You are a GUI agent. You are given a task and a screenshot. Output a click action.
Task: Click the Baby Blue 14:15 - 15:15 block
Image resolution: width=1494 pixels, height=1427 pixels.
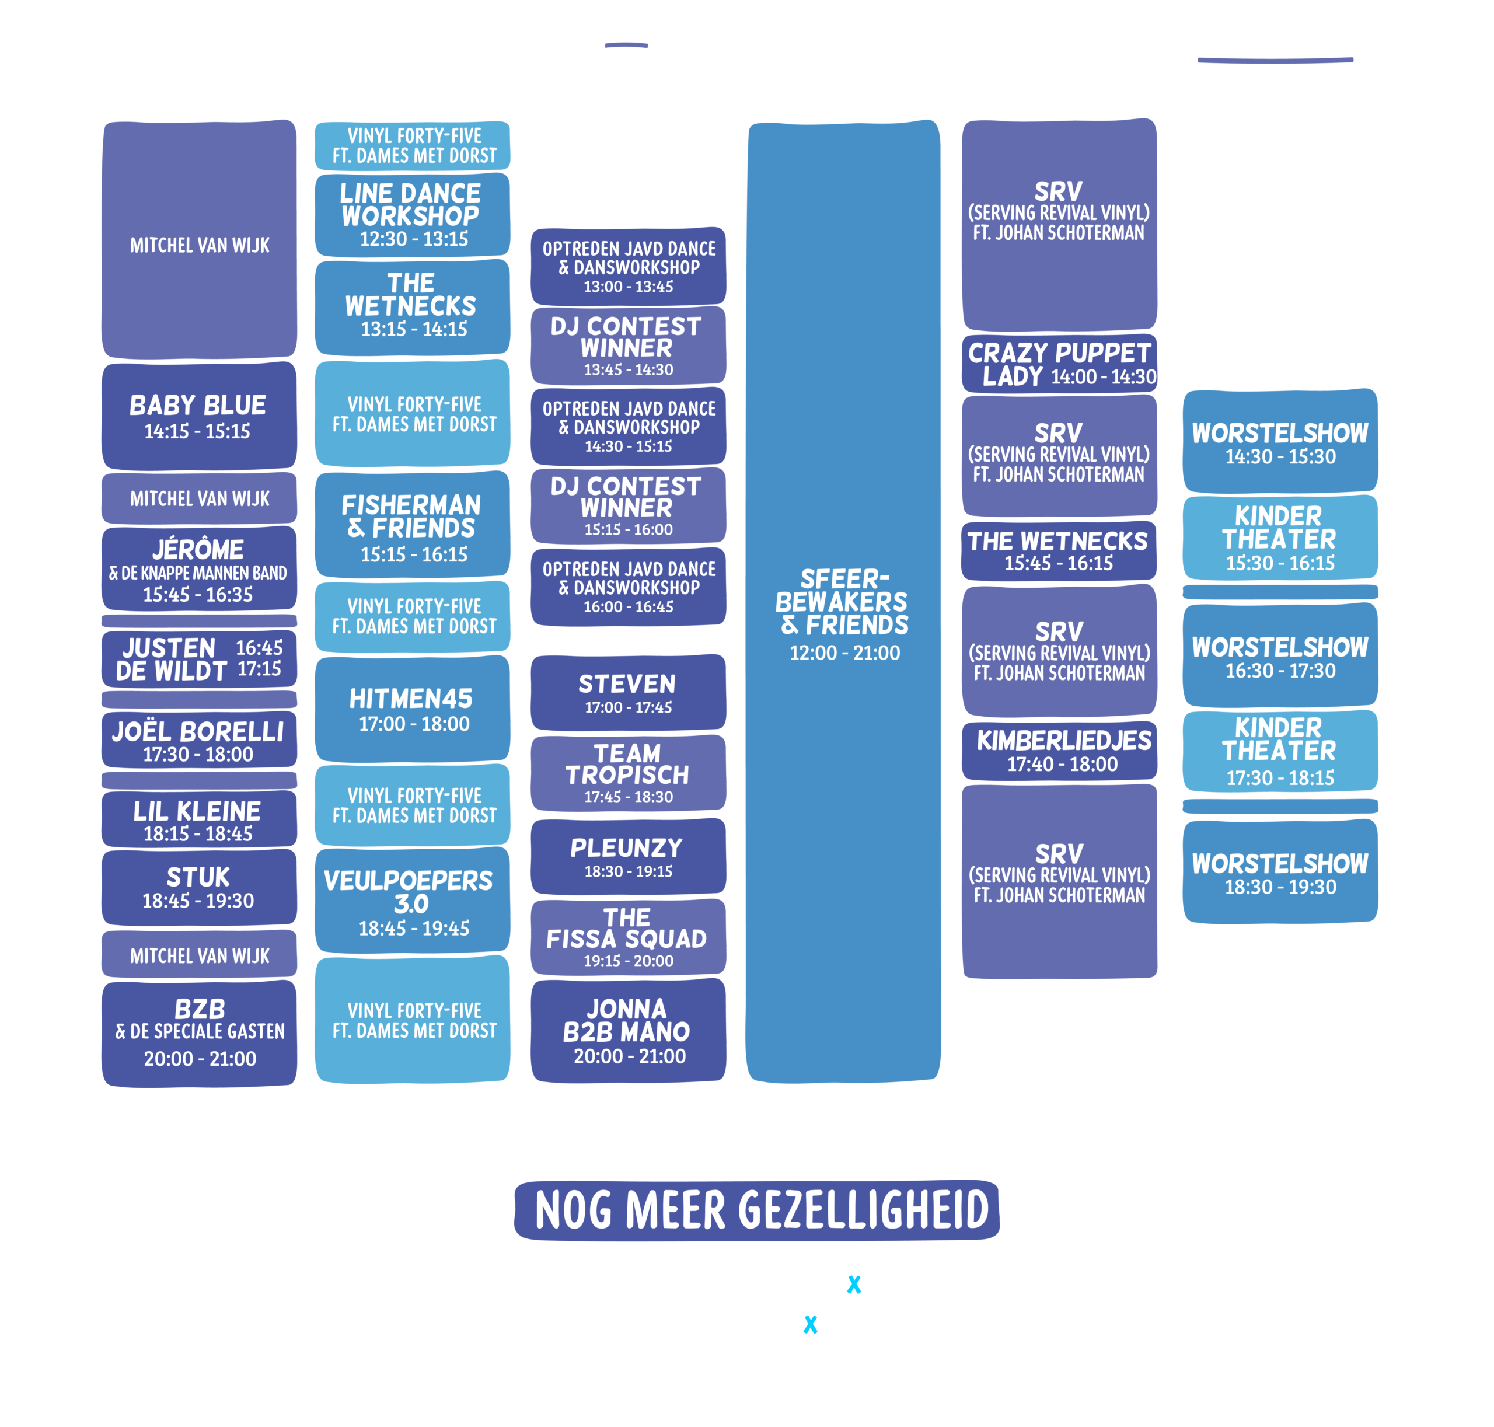coord(200,416)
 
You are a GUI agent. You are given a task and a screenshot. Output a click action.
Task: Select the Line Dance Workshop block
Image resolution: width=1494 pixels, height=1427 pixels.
coord(412,215)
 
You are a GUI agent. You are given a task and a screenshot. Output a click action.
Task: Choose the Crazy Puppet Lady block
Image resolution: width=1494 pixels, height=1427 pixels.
coord(1060,364)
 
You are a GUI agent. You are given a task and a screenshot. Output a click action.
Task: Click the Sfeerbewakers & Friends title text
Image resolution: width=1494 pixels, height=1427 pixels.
coord(842,602)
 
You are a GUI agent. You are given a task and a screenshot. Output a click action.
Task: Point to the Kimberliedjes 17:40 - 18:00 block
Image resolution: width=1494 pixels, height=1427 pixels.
coord(1060,751)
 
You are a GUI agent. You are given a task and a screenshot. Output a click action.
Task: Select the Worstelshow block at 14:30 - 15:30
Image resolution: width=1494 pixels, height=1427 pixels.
coord(1280,441)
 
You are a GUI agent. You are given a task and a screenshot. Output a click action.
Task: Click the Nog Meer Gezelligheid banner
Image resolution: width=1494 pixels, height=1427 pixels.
coord(757,1210)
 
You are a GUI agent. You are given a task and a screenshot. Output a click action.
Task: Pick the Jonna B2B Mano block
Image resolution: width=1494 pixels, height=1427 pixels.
coord(629,1031)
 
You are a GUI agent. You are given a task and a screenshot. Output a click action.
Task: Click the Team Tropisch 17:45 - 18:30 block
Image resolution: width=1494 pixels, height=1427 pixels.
coord(629,773)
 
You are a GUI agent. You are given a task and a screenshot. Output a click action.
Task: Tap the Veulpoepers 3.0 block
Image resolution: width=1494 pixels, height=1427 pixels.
coord(412,900)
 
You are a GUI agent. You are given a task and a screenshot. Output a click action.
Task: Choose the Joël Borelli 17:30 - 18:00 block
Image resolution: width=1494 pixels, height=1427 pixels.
coord(200,739)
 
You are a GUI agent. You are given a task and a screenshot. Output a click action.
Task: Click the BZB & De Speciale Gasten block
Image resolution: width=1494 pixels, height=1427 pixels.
coord(200,1034)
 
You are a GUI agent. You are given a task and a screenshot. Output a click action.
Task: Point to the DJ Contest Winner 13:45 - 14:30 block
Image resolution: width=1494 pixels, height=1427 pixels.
coord(629,346)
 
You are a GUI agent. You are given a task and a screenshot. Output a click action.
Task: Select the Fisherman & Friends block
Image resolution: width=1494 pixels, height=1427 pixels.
coord(412,525)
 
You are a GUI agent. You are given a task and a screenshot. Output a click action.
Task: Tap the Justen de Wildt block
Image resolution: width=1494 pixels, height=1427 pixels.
coord(200,659)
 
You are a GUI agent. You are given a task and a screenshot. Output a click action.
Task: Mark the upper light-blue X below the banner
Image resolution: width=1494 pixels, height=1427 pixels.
coord(854,1284)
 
